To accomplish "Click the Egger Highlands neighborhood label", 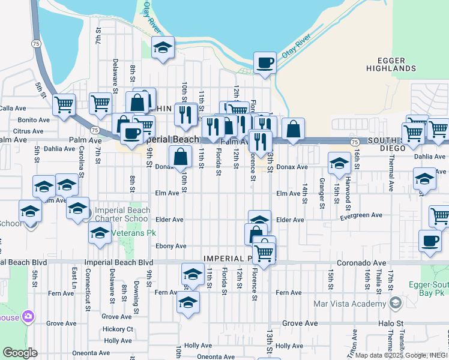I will click(391, 65).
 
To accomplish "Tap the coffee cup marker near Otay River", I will click(265, 62).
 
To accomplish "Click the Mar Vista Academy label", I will click(350, 303).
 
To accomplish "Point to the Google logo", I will click(20, 353).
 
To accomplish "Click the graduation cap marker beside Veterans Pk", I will click(100, 235).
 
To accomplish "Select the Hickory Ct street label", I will click(118, 329).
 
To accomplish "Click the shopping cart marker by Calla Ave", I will click(64, 105).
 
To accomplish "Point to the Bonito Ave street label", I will click(32, 119).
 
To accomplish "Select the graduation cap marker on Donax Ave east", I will click(339, 163).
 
